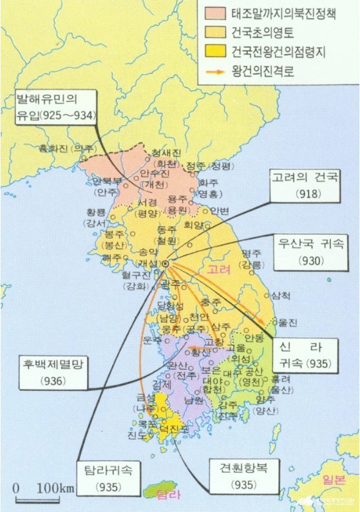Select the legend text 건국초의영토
[x=260, y=31]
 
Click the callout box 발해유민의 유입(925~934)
[x=56, y=108]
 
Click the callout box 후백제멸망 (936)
[x=50, y=372]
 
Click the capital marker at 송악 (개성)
[x=165, y=263]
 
